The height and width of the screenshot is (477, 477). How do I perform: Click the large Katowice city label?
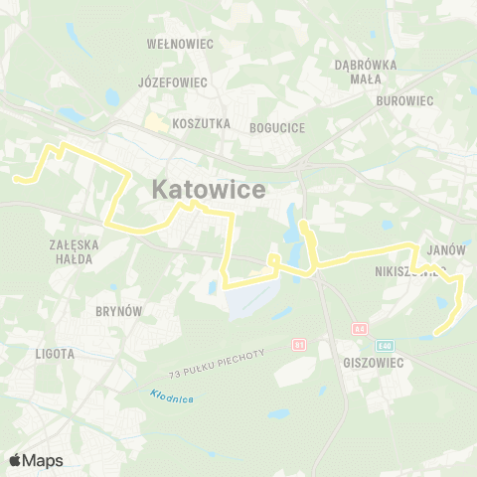209,189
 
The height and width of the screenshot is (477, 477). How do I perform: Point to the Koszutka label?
201,124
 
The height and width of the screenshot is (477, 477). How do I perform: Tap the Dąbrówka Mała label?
366,71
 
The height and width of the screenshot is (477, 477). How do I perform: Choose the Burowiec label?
405,100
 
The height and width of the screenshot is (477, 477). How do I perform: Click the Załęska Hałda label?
70,251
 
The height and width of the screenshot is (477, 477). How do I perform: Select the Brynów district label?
119,311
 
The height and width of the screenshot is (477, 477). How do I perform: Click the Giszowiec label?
371,363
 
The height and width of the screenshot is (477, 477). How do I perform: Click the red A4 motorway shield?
361,329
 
